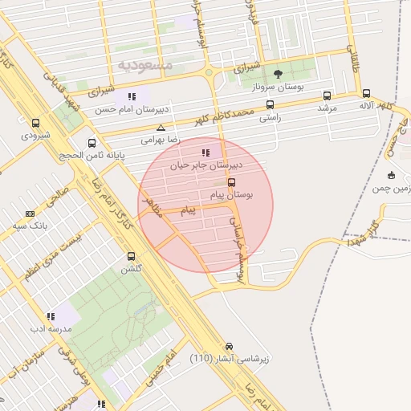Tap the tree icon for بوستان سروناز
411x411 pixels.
[x=279, y=74]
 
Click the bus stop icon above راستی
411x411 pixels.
[x=270, y=104]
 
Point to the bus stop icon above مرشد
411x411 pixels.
[x=326, y=96]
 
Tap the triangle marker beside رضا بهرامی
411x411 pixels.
[x=161, y=128]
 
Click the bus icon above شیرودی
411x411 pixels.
[x=35, y=123]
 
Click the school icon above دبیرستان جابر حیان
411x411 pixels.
[x=206, y=152]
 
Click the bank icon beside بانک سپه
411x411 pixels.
[x=31, y=214]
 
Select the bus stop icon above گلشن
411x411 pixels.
[x=131, y=256]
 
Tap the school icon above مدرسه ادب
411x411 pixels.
[x=51, y=316]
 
